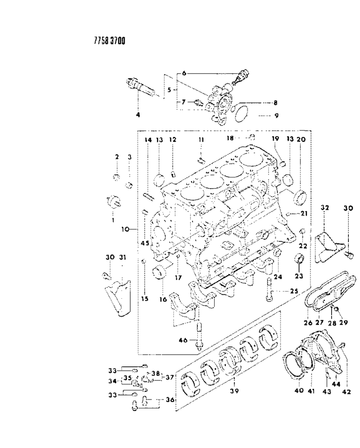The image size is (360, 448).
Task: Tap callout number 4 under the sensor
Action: tap(138, 115)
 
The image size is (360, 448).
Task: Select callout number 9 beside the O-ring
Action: tap(276, 116)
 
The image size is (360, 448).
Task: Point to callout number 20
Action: tap(301, 139)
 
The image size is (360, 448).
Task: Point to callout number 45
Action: tap(145, 243)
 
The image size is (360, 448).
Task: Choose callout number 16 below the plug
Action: tap(163, 289)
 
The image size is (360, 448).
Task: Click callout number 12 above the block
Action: tap(172, 139)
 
